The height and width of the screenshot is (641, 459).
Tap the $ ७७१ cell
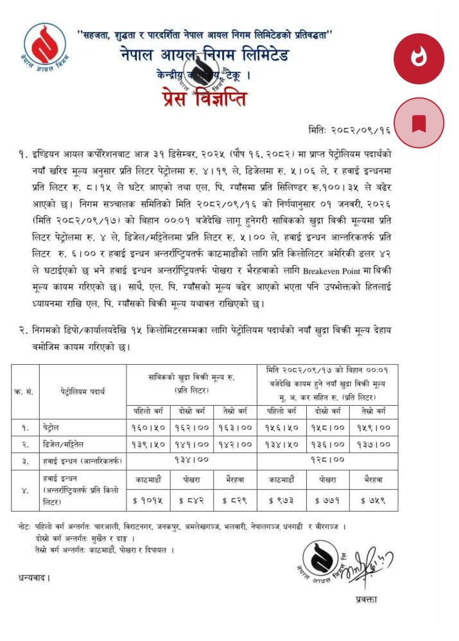coord(325,501)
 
